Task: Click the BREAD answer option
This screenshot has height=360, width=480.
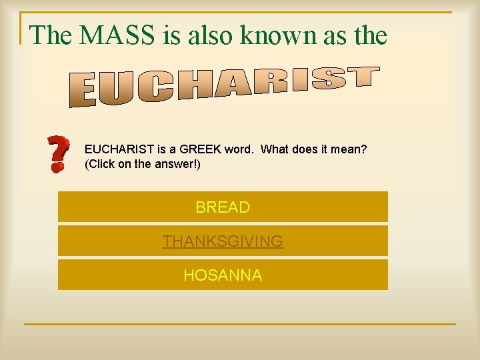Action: pyautogui.click(x=223, y=207)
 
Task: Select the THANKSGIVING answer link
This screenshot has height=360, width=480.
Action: pyautogui.click(x=223, y=241)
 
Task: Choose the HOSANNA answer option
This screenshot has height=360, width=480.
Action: pyautogui.click(x=223, y=275)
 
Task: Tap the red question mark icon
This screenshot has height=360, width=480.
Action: pyautogui.click(x=59, y=154)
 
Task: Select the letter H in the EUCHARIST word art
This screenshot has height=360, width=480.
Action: pyautogui.click(x=193, y=85)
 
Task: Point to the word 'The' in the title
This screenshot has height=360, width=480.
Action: pyautogui.click(x=51, y=35)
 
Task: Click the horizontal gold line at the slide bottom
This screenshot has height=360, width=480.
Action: pyautogui.click(x=240, y=325)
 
